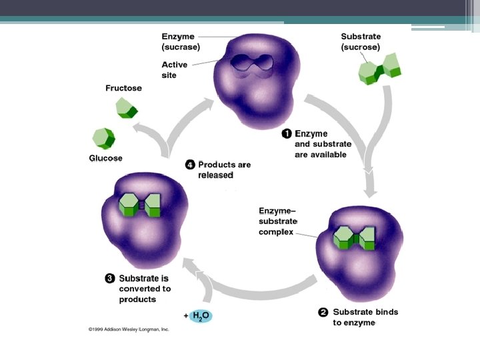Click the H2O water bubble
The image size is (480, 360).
200,315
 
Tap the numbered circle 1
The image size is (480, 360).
286,133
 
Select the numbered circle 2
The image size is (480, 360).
323,312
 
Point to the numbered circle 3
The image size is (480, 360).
110,278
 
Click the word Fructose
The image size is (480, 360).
123,88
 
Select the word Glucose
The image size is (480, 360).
105,159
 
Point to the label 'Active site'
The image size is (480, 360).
175,70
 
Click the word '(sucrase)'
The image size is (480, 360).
181,47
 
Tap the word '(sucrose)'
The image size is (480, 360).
361,47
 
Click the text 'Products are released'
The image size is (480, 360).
224,169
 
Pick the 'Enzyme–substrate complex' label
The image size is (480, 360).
278,221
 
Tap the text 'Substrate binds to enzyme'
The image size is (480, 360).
365,317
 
